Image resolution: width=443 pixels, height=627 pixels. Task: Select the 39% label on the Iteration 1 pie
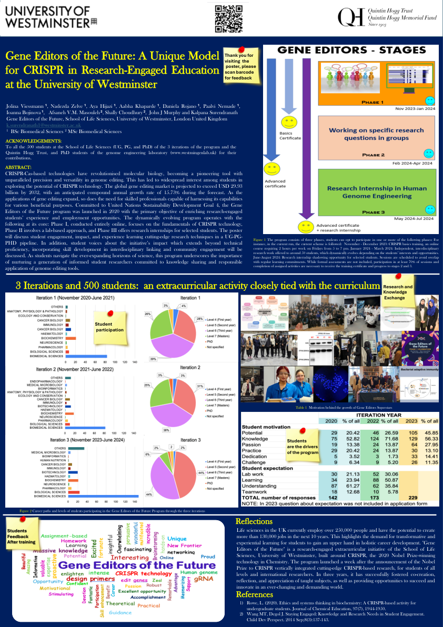[x=152, y=359]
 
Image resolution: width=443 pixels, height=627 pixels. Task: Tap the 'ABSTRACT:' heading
[x=18, y=166]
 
